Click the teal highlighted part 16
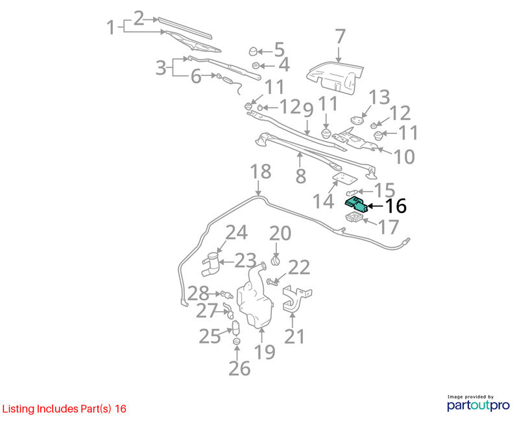(356, 204)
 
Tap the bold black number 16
(396, 206)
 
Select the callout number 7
(340, 37)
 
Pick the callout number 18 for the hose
(261, 172)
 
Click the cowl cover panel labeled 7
(335, 77)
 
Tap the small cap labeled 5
(253, 51)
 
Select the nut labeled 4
(256, 66)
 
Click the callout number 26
(239, 368)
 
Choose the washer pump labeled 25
(235, 328)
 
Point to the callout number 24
(236, 233)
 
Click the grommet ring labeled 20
(275, 261)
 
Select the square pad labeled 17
(354, 218)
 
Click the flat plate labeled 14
(344, 179)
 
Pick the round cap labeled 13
(356, 120)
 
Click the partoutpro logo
(478, 403)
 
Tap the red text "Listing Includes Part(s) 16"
(64, 409)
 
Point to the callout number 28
(199, 293)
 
